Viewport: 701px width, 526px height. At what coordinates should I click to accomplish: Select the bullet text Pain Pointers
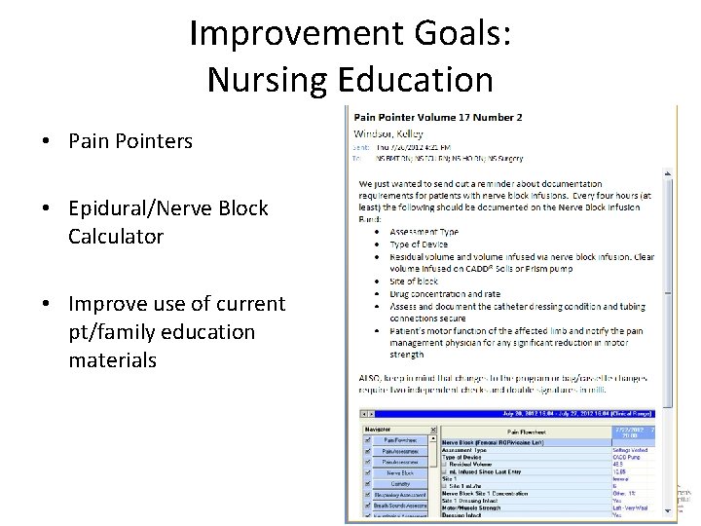[x=130, y=141]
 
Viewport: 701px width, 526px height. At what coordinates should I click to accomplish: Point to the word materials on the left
[x=112, y=360]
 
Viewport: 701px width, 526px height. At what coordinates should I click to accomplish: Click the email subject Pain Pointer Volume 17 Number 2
[x=437, y=117]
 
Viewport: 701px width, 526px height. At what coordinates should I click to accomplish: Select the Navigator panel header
[x=380, y=428]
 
